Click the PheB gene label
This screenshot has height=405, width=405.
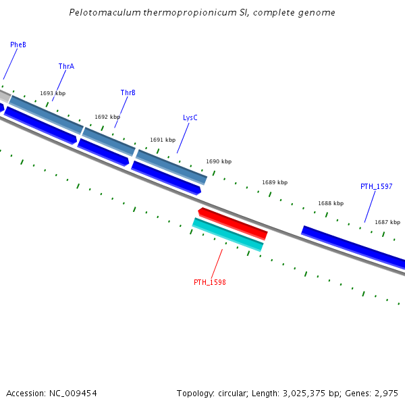18,45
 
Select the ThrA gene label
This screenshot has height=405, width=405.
66,66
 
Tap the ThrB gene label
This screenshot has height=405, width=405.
128,92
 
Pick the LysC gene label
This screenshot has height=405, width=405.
190,117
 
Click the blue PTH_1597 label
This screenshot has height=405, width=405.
377,186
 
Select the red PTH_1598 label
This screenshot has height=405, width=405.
210,282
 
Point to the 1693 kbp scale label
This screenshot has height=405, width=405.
53,93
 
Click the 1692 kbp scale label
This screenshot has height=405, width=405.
107,117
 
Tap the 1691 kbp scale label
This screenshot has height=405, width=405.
163,140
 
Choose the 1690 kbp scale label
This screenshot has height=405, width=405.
219,161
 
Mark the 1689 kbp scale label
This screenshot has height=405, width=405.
275,182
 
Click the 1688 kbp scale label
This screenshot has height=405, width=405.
331,203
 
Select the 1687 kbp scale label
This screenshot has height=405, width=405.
387,222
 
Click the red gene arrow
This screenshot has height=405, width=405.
234,223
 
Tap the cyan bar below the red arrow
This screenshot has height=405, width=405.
228,234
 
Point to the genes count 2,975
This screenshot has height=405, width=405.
387,393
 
